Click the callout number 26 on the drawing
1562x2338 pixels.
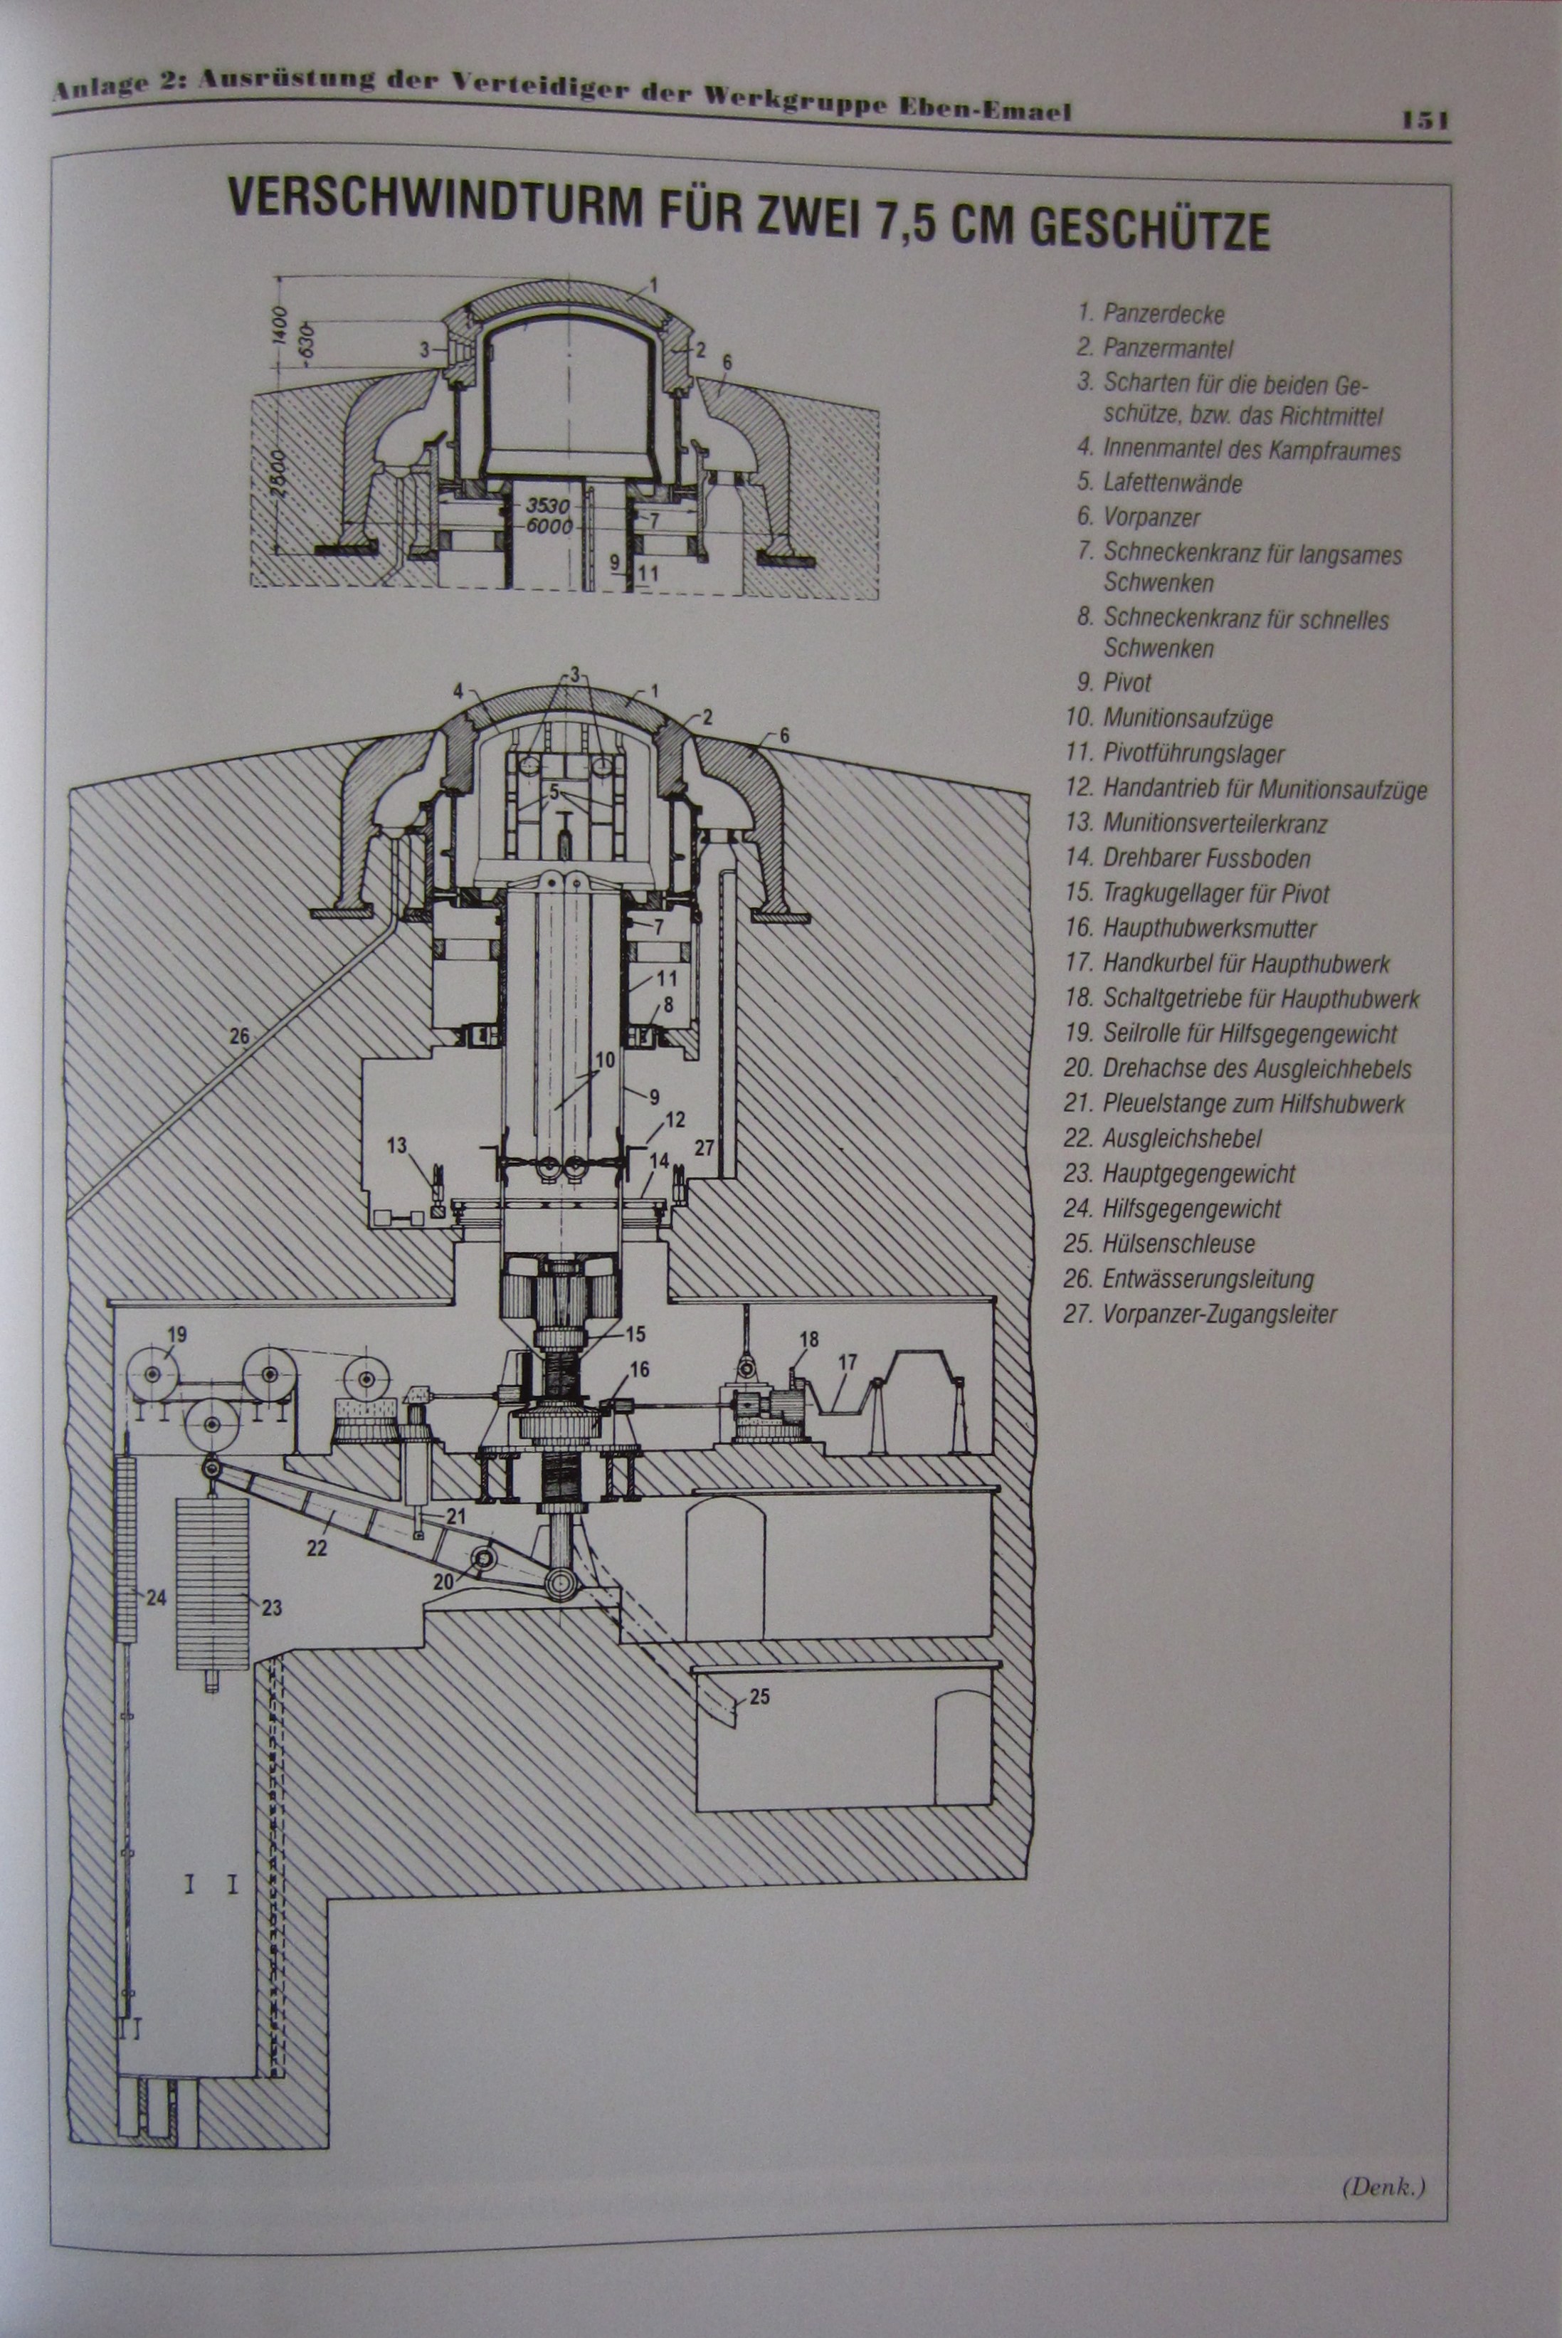click(x=239, y=1036)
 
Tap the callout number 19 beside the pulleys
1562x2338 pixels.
click(x=177, y=1333)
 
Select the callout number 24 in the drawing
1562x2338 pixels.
click(x=155, y=1598)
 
